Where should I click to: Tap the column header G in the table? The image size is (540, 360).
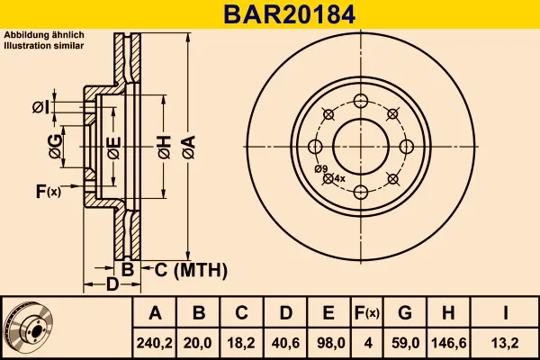point(404,313)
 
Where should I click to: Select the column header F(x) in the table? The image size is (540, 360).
point(366,313)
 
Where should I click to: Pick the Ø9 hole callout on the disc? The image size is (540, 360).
point(319,169)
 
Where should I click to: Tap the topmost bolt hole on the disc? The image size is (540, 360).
point(360,100)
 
